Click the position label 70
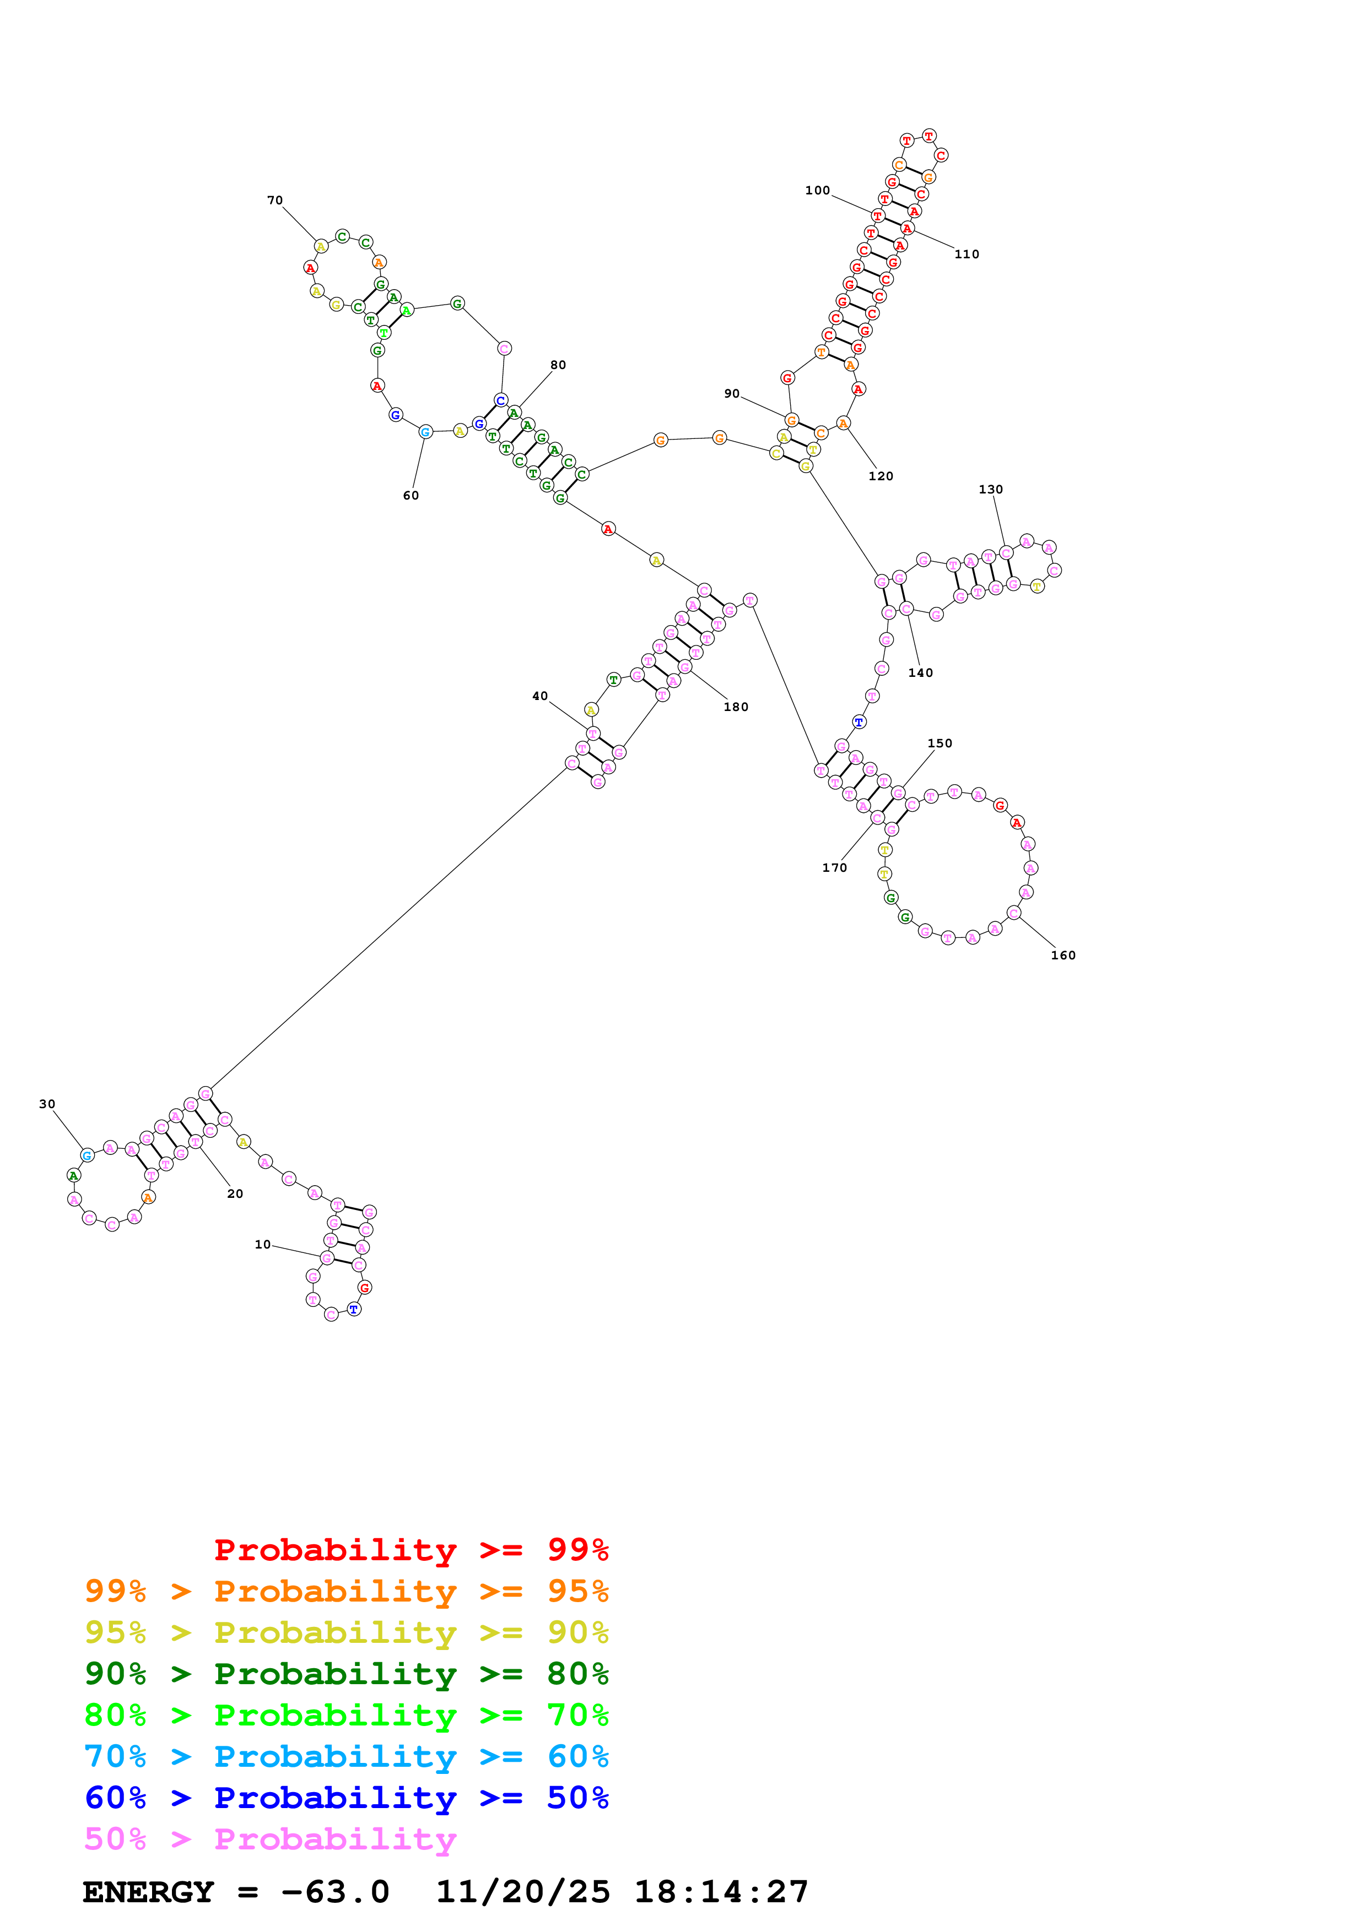(274, 200)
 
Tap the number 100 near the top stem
(817, 190)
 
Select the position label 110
(966, 254)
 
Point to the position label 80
(558, 365)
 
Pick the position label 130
(991, 489)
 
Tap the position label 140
(920, 672)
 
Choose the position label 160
(1062, 955)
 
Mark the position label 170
(834, 867)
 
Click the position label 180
(736, 707)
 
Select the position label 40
(539, 696)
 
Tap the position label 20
(235, 1193)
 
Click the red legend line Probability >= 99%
(411, 1550)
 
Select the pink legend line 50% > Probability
(270, 1839)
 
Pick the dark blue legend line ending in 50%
(346, 1798)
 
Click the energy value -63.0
(335, 1892)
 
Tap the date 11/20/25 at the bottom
(523, 1892)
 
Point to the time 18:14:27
(720, 1892)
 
